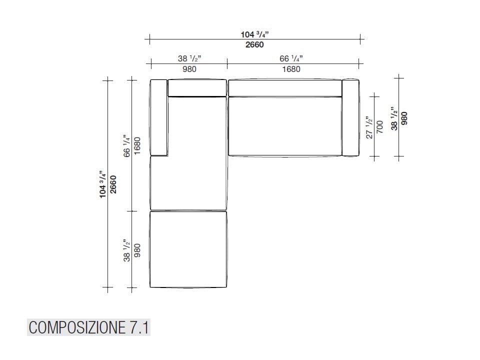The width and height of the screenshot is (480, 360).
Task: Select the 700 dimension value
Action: (x=379, y=126)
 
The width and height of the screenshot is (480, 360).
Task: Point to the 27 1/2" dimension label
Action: (x=369, y=126)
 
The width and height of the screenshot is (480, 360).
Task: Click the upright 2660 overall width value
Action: (x=254, y=45)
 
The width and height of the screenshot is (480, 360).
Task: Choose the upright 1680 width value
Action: (x=291, y=69)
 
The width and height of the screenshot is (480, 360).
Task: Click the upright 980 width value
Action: (x=189, y=69)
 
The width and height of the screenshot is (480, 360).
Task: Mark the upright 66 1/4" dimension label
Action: (x=291, y=58)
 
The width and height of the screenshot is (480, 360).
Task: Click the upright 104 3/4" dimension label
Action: (x=255, y=34)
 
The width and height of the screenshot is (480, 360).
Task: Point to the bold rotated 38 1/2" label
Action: (x=394, y=118)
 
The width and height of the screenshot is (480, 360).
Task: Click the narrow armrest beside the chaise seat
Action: (x=158, y=117)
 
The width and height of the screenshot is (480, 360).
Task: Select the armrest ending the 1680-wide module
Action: (x=350, y=117)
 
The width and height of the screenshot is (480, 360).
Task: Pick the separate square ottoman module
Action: (x=188, y=249)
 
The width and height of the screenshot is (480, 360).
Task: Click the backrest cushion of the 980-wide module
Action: (x=197, y=87)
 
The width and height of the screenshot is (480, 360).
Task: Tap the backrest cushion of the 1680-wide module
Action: (x=285, y=87)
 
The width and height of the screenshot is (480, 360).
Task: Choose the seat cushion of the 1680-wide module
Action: (x=285, y=126)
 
